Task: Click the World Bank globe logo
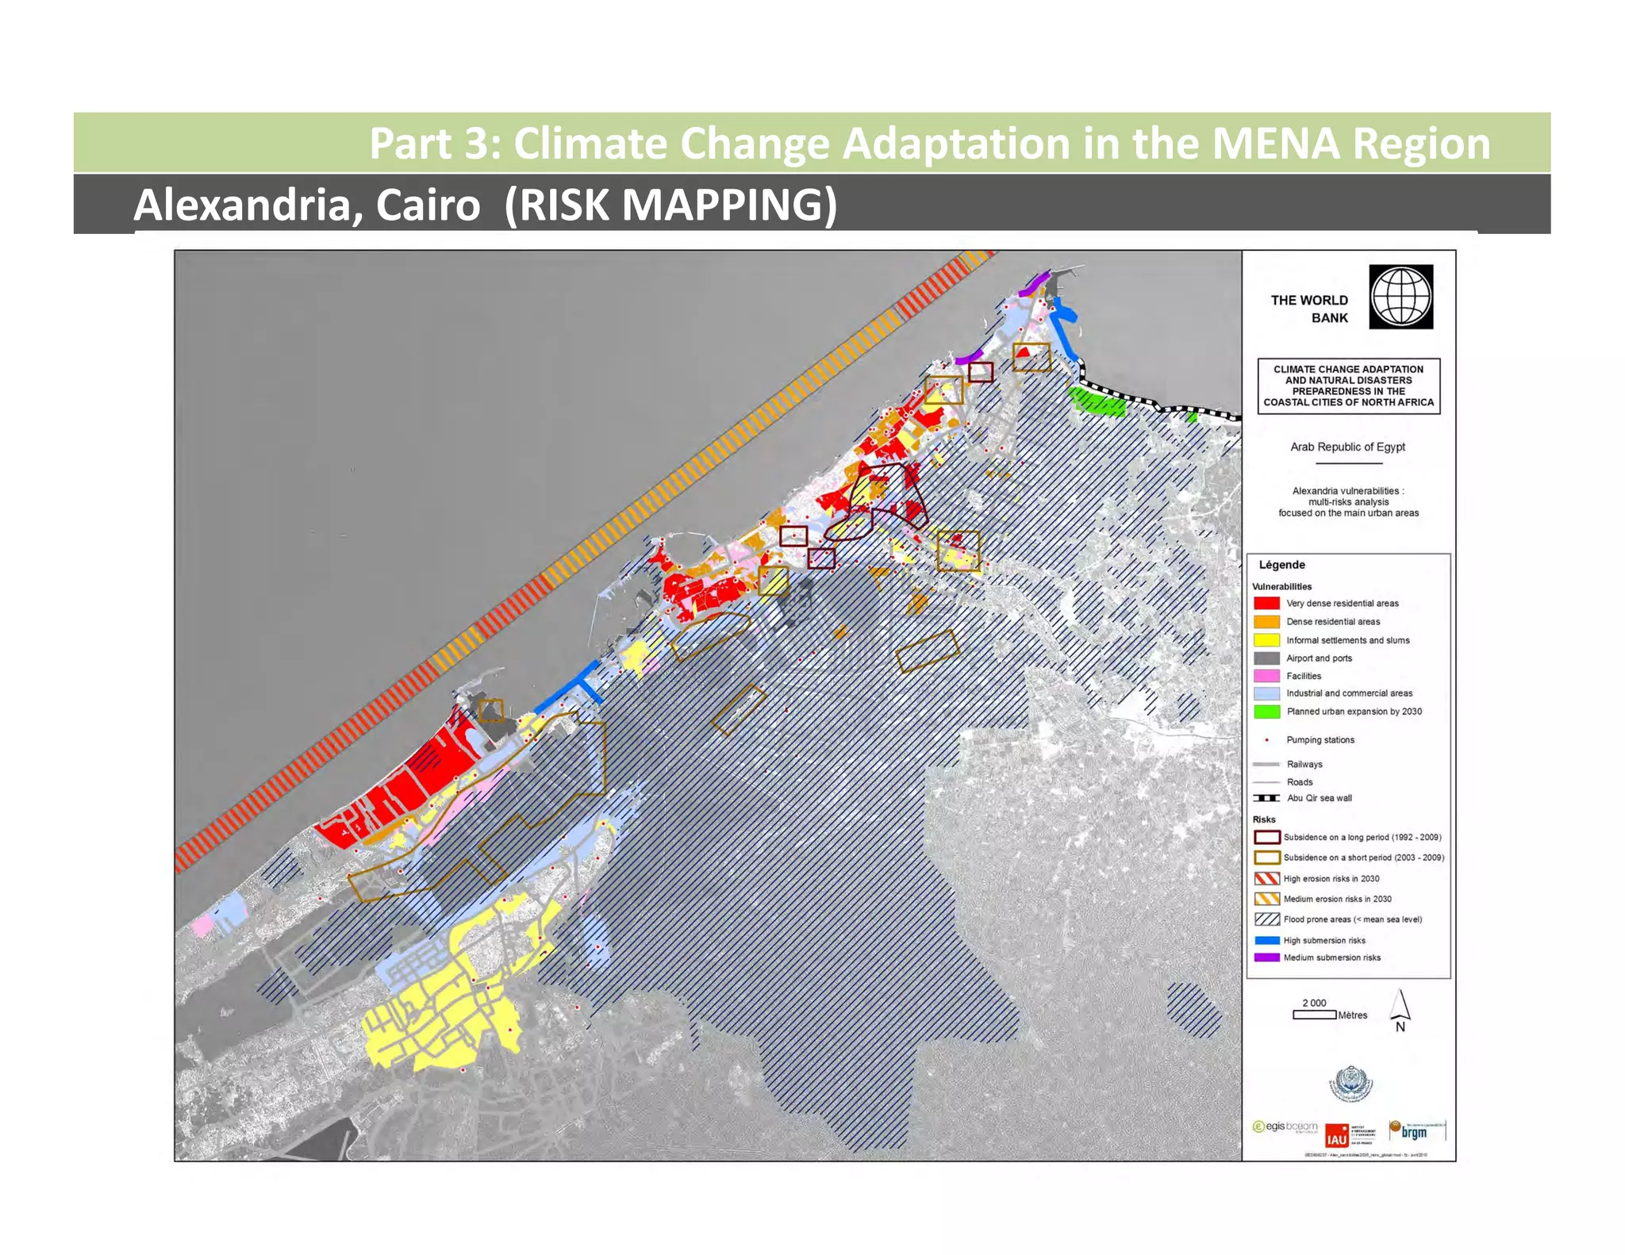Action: pyautogui.click(x=1400, y=297)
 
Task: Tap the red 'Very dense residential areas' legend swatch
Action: pyautogui.click(x=1266, y=604)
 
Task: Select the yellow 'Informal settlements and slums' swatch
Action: pyautogui.click(x=1266, y=640)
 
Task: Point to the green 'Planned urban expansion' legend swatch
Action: pyautogui.click(x=1266, y=712)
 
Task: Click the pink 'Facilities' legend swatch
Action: pyautogui.click(x=1266, y=676)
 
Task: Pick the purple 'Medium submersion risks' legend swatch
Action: pyautogui.click(x=1266, y=958)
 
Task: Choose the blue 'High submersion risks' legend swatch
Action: pyautogui.click(x=1266, y=940)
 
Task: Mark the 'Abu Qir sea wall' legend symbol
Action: pyautogui.click(x=1266, y=798)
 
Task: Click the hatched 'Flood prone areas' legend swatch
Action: pyautogui.click(x=1266, y=919)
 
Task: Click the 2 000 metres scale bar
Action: pyautogui.click(x=1314, y=1015)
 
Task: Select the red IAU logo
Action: pyautogui.click(x=1337, y=1135)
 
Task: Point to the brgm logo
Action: pyautogui.click(x=1416, y=1130)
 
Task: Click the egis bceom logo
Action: pyautogui.click(x=1285, y=1126)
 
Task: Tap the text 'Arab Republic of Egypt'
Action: pyautogui.click(x=1347, y=447)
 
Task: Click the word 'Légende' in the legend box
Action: pyautogui.click(x=1281, y=565)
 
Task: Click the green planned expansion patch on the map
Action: pyautogui.click(x=1098, y=402)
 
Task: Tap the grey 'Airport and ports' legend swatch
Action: pyautogui.click(x=1266, y=658)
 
